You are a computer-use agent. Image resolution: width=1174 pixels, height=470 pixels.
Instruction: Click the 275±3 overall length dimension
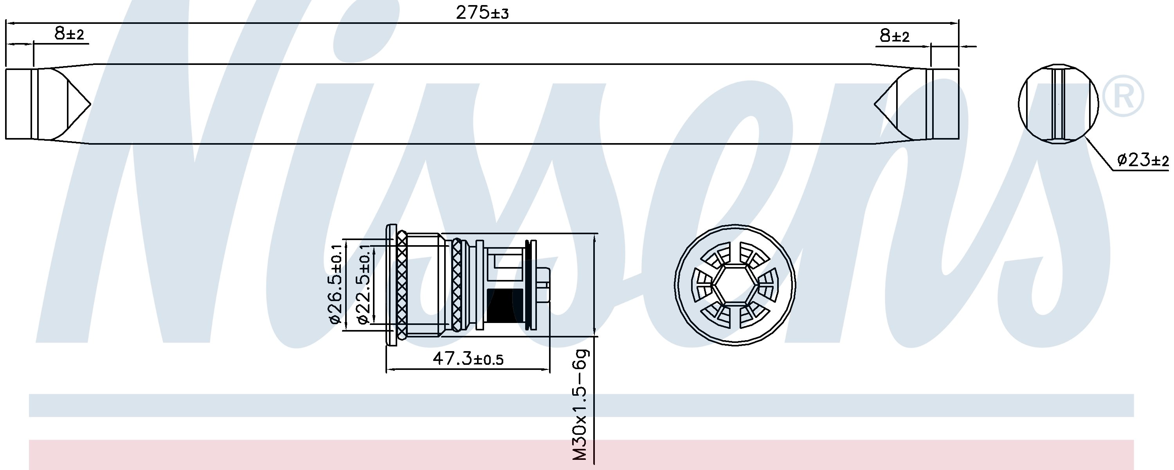482,13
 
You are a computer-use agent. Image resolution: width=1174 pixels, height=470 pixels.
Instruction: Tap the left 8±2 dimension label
69,34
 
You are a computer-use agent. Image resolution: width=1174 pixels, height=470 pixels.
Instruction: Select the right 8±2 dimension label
894,36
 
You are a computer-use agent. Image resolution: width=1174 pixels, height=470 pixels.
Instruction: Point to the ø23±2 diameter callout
1143,160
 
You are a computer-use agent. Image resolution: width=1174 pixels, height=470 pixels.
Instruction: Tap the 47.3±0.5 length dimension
468,359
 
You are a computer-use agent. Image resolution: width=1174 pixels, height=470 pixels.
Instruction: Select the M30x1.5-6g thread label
580,404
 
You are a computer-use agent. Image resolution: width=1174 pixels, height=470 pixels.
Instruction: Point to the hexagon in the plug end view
735,285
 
